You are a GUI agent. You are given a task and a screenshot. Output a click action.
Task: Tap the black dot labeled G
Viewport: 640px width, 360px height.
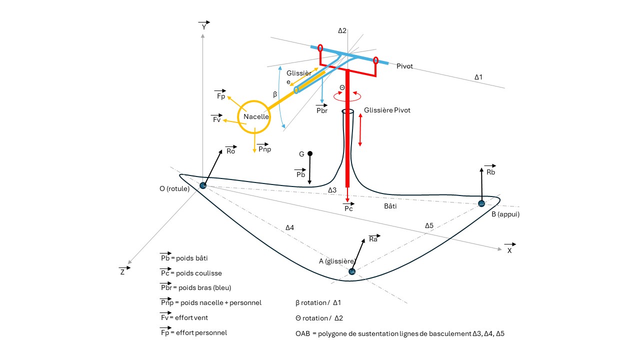click(x=310, y=153)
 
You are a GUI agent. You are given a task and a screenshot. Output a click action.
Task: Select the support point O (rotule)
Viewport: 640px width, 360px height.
click(x=203, y=185)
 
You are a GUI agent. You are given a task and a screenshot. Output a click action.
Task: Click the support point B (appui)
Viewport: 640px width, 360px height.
click(x=481, y=203)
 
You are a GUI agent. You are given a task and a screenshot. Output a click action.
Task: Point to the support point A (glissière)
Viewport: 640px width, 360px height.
click(x=352, y=271)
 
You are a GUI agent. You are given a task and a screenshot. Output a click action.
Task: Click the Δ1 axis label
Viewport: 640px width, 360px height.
click(x=478, y=77)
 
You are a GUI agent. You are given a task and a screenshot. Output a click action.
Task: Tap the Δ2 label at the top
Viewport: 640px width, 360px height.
click(x=342, y=30)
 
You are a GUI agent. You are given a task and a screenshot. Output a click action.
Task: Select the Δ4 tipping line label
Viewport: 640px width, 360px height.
click(x=289, y=227)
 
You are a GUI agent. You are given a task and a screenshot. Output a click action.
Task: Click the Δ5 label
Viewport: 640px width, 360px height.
click(x=429, y=225)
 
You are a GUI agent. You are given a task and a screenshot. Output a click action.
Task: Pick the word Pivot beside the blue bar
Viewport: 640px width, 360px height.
click(x=404, y=66)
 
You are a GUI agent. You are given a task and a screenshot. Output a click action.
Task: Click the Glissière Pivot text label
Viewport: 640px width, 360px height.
click(x=387, y=110)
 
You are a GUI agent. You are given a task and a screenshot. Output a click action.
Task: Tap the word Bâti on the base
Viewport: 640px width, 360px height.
click(x=390, y=205)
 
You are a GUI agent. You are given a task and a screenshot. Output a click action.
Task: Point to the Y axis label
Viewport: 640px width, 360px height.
click(x=203, y=26)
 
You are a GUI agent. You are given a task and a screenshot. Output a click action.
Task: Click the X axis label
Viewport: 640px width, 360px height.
click(x=509, y=250)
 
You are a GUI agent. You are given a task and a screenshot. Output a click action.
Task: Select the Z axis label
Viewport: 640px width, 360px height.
click(x=122, y=272)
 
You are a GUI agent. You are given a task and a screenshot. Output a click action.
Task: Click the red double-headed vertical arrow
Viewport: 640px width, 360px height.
click(x=360, y=130)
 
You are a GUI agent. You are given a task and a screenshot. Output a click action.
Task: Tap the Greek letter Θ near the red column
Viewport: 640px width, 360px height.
click(x=342, y=88)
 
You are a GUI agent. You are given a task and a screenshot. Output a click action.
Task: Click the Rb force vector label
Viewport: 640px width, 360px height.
click(x=490, y=172)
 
